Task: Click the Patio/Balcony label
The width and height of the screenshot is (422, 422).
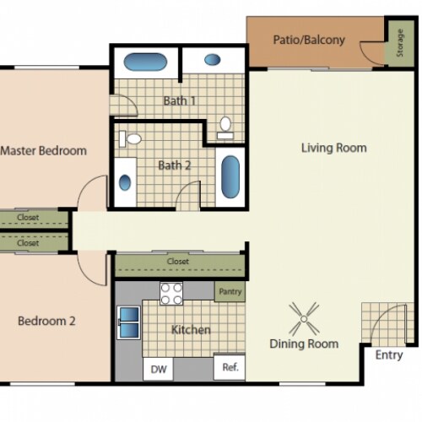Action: click(309, 40)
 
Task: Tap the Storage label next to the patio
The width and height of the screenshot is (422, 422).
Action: click(399, 46)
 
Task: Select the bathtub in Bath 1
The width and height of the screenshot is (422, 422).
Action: click(146, 62)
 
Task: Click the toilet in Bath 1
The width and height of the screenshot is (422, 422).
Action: click(225, 127)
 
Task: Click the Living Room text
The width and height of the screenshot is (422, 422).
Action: click(334, 148)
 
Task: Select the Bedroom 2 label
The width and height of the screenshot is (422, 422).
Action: click(47, 321)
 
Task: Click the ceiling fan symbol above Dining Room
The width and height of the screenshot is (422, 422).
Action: click(304, 318)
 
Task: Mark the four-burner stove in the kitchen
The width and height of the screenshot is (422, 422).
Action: click(172, 293)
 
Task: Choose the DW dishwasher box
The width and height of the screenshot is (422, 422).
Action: click(158, 368)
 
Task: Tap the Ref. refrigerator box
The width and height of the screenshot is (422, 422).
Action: click(230, 368)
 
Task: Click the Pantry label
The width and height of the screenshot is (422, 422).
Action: click(230, 292)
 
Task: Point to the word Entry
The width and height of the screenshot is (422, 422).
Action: click(389, 355)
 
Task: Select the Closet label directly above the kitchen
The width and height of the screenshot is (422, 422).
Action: click(178, 262)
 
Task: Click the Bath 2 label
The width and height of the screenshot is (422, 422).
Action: click(175, 165)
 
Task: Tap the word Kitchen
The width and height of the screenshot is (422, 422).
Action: click(191, 330)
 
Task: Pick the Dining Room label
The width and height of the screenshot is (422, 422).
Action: click(304, 344)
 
